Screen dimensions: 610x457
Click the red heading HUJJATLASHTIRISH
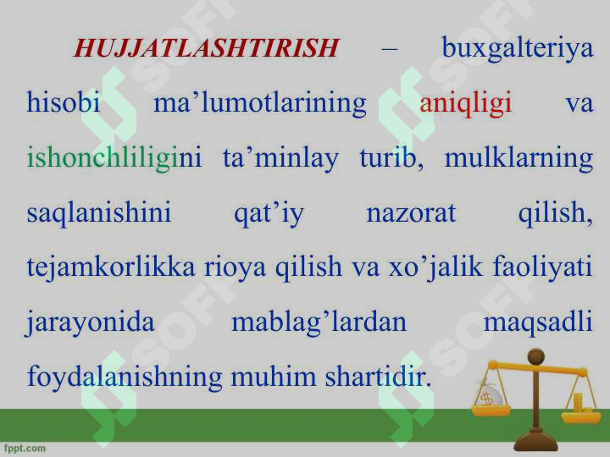pos(206,47)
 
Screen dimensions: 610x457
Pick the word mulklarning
pos(519,159)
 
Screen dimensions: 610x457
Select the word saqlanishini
pos(99,213)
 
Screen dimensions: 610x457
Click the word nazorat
pos(411,214)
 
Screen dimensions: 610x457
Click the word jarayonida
pos(91,323)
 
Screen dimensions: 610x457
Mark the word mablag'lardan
pos(319,323)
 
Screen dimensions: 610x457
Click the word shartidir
pos(378,377)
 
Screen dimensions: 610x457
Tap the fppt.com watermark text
pos(25,449)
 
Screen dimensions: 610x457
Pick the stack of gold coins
pos(579,403)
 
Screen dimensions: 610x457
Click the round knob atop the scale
pos(535,356)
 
